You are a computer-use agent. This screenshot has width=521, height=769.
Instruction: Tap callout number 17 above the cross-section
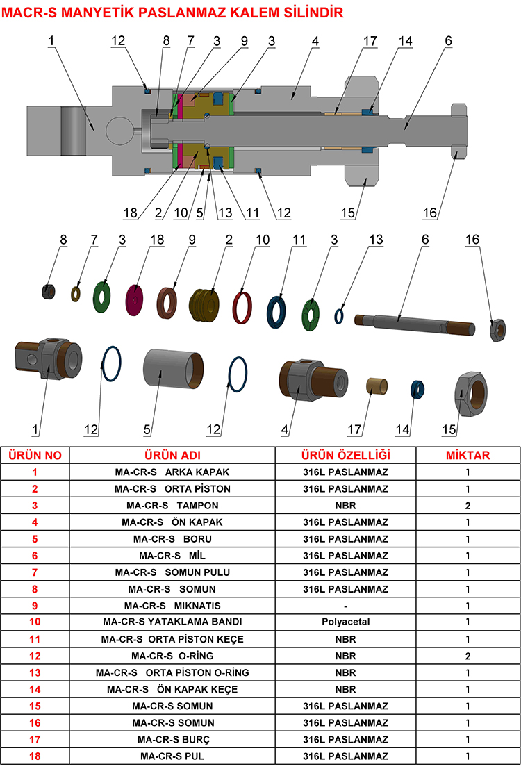tap(370, 41)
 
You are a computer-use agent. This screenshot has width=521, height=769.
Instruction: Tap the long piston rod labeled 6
tap(413, 322)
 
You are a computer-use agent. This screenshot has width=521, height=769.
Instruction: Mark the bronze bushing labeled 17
tap(377, 387)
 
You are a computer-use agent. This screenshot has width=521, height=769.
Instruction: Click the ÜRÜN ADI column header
tap(172, 455)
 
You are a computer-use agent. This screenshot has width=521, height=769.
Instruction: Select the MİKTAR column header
tap(468, 455)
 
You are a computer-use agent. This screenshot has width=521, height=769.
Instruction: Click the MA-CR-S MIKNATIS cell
tap(172, 605)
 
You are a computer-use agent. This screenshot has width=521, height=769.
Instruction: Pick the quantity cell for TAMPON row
tap(468, 505)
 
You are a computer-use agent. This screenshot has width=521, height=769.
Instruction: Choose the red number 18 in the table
tap(35, 756)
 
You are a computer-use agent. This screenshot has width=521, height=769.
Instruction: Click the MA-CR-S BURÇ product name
tap(172, 739)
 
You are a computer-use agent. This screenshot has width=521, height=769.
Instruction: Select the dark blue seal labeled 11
tap(277, 310)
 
